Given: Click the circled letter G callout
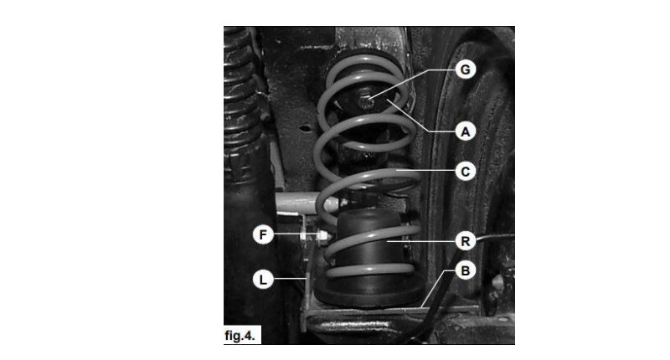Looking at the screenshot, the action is [x=466, y=69].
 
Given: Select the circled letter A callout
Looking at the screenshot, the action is [x=466, y=131].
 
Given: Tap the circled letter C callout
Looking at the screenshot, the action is [x=466, y=172].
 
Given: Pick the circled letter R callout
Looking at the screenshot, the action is [x=466, y=241].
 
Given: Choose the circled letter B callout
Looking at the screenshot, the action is [x=466, y=270].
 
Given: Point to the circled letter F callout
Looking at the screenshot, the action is [x=263, y=234].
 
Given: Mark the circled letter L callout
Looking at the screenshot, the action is [x=263, y=280].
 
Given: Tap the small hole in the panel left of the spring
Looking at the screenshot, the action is [x=305, y=128].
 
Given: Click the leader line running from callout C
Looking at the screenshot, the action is [x=425, y=171].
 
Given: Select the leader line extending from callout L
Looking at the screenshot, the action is [x=290, y=280].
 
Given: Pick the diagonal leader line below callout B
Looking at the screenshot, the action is [x=433, y=288].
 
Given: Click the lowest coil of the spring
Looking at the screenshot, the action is [x=370, y=270].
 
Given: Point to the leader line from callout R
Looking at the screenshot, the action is [x=420, y=241].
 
